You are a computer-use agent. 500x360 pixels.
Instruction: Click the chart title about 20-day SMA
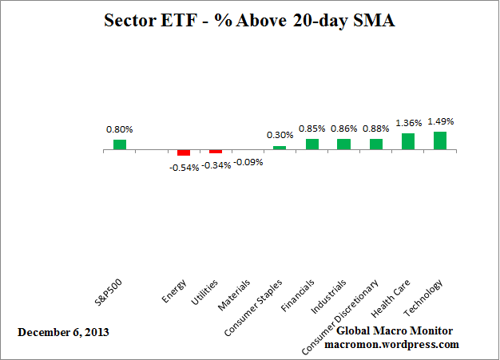coord(250,21)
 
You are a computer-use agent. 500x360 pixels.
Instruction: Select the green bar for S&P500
coord(119,144)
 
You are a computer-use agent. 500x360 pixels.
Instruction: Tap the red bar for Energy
coord(184,152)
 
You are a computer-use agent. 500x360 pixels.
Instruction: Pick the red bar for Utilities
coord(216,152)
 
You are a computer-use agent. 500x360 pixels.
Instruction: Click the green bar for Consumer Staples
coord(280,148)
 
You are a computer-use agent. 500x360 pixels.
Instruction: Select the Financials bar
coord(312,144)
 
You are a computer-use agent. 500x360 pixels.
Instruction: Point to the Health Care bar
coord(408,141)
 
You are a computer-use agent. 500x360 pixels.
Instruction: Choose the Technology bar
coord(440,140)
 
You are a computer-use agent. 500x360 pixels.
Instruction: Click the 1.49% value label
coord(440,122)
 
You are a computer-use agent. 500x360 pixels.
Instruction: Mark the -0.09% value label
coord(248,161)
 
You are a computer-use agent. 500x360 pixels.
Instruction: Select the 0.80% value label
coord(119,129)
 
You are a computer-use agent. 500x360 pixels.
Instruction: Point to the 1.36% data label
coord(408,124)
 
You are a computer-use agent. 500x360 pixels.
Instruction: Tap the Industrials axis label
coord(331,295)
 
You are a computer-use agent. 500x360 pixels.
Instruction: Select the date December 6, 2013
coord(63,331)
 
